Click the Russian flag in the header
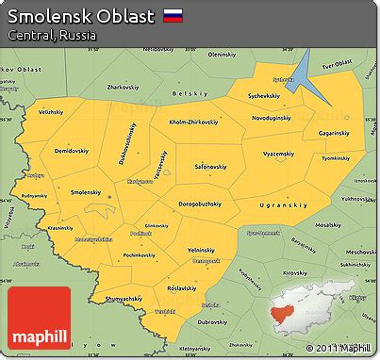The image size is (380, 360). (x=173, y=15)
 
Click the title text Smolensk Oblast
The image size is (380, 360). (x=82, y=16)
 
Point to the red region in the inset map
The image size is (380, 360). (x=285, y=309)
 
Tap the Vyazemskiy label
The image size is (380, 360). (x=280, y=152)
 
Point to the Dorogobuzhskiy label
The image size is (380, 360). (x=200, y=204)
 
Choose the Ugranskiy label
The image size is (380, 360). (x=283, y=205)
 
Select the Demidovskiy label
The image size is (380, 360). (x=70, y=150)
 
